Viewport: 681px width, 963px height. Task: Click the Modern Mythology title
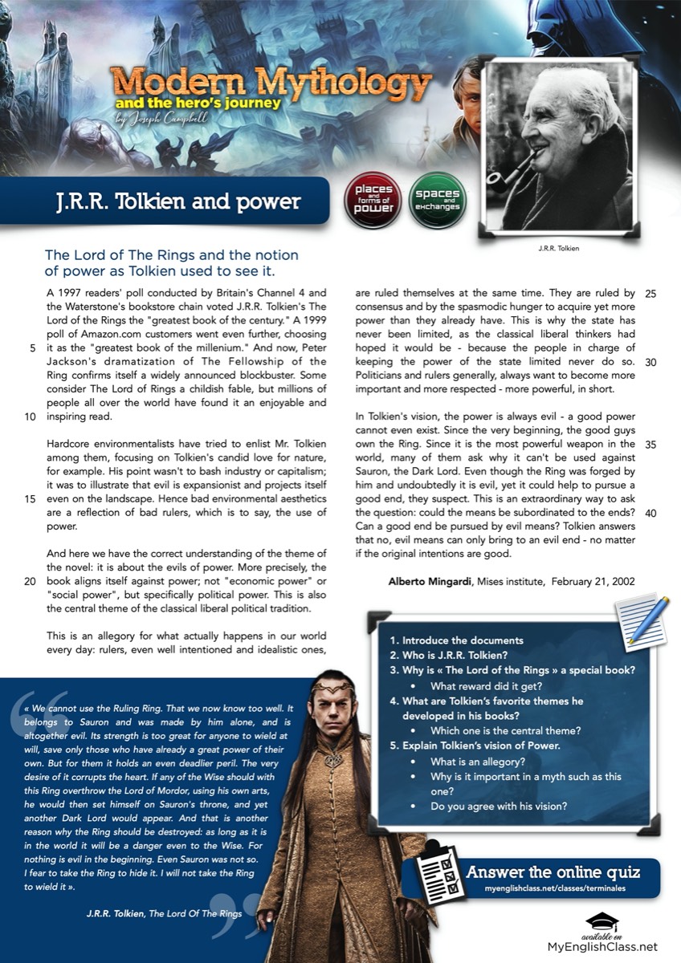271,83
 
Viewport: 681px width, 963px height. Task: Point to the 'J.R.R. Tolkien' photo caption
558,248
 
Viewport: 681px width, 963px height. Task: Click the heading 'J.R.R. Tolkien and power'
167,201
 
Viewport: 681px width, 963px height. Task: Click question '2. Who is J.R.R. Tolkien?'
452,655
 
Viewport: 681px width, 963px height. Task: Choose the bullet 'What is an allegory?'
478,761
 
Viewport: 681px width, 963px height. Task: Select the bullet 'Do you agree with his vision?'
499,806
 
